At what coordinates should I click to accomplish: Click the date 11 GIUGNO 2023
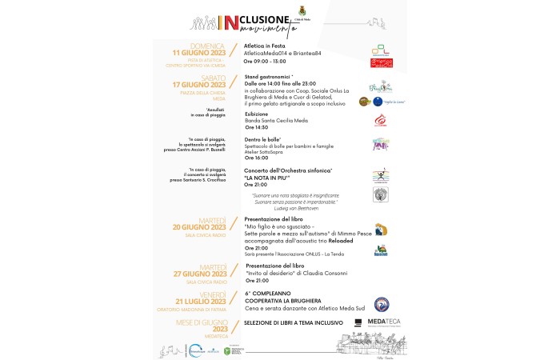(195, 52)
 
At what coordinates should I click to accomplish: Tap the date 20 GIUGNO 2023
(195, 226)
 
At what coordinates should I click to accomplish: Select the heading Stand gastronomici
(270, 77)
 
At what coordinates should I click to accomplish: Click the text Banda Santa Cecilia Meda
(276, 120)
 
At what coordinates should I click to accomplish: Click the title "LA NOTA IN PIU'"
(272, 178)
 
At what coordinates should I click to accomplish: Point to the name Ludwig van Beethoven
(295, 208)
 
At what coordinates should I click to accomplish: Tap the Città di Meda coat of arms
(303, 11)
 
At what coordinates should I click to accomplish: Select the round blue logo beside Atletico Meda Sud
(382, 303)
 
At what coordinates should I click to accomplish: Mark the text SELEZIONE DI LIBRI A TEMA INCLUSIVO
(294, 322)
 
